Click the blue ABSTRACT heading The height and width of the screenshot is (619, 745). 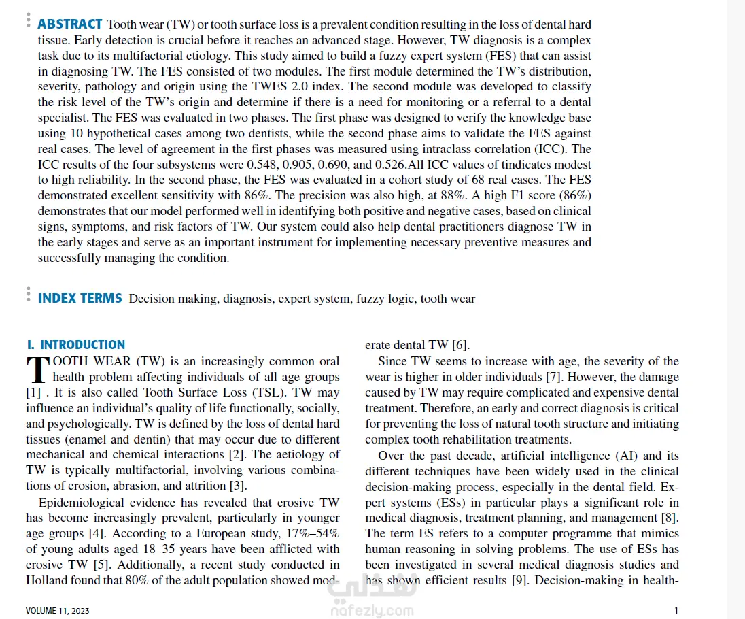pos(70,24)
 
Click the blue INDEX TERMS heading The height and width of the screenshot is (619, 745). pos(80,298)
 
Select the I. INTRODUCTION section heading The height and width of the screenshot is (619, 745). pos(75,345)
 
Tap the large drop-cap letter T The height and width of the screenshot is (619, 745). pos(37,369)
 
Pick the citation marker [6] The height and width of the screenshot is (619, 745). pos(461,345)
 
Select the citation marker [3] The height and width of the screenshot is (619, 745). pos(237,486)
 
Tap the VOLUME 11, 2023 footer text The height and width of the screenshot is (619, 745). pos(57,610)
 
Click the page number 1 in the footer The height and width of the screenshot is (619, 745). pos(676,610)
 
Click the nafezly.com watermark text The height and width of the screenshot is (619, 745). pos(372,610)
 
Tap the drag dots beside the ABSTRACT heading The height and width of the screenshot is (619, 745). pos(28,20)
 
